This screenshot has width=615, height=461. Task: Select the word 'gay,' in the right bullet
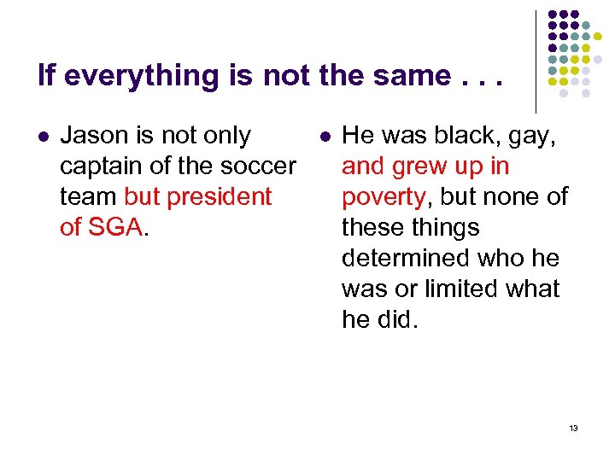529,135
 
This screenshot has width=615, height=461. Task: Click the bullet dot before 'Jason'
44,136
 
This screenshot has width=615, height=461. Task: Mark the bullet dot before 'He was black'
325,136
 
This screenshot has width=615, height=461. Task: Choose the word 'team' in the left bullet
89,196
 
